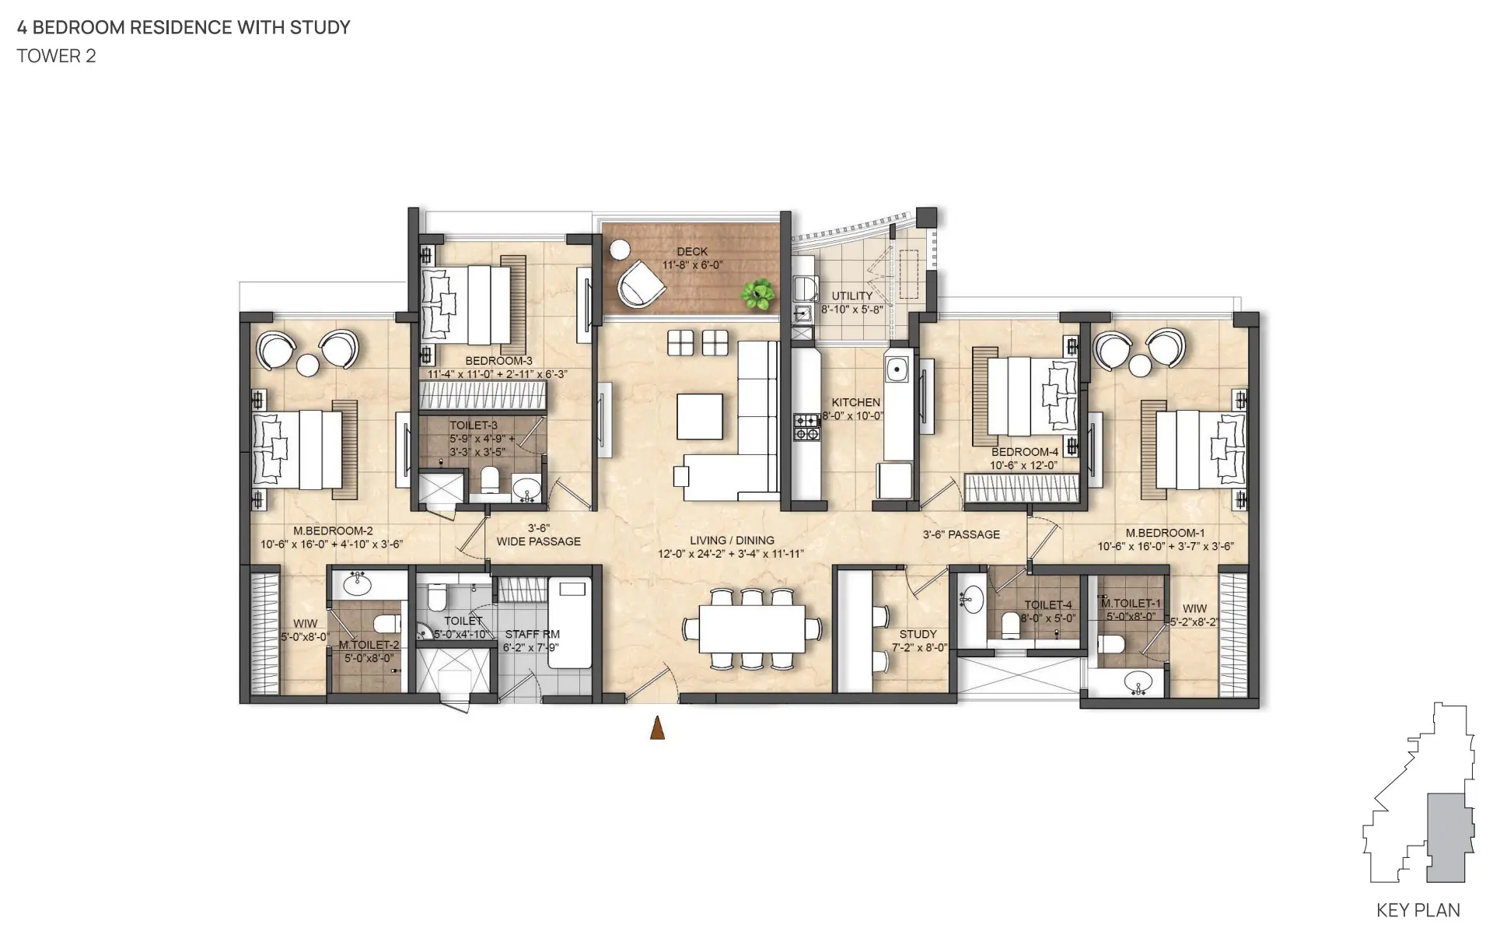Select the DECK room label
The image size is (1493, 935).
692,251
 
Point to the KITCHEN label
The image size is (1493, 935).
856,402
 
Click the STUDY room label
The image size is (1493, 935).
918,634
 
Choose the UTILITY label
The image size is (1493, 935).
852,296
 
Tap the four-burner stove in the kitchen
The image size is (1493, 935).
806,427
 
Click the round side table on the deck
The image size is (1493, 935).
620,250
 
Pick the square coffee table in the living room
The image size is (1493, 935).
700,417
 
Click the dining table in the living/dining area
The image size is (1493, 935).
752,629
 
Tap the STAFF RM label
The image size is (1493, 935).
532,634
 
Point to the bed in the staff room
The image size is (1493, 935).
570,622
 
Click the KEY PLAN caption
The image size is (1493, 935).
1418,910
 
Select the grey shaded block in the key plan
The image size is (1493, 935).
1446,839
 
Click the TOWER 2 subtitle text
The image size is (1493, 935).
57,56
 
